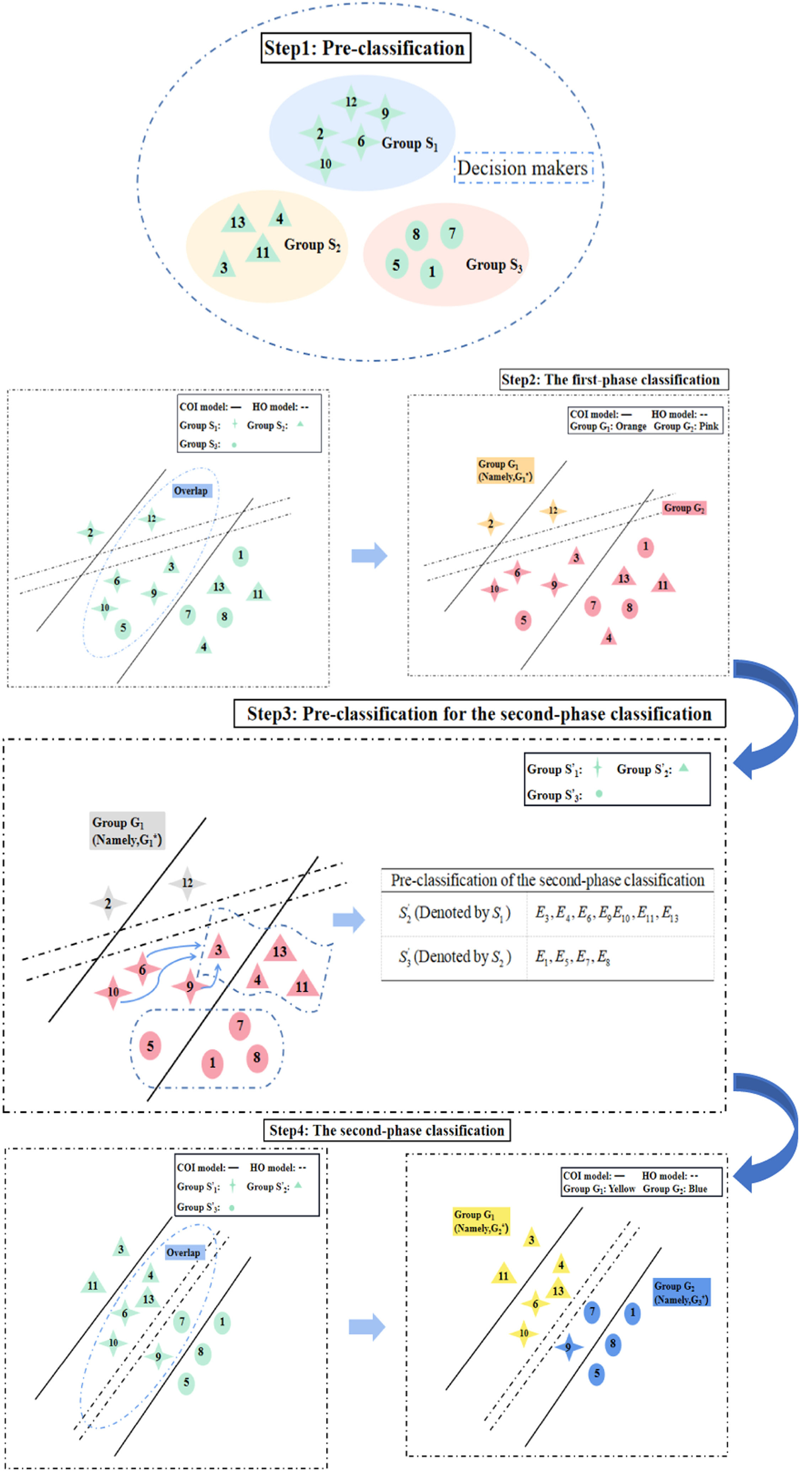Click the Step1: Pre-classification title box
coord(366,48)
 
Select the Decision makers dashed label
coord(523,168)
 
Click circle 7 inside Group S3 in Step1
coord(452,234)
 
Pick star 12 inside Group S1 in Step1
coord(351,102)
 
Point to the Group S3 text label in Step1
coord(494,264)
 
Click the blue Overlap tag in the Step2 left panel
coord(191,491)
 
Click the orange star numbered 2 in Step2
coord(490,524)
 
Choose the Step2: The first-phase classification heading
coord(613,380)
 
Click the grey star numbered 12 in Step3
coord(187,883)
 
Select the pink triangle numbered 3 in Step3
coord(218,950)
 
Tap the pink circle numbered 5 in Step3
coord(150,1045)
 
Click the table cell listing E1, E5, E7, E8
coord(620,958)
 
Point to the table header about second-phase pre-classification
coord(547,880)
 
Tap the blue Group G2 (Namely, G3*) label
coord(681,1292)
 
